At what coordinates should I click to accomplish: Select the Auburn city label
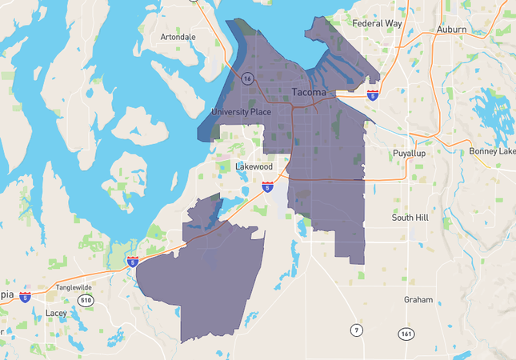(x=451, y=30)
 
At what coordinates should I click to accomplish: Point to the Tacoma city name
(x=308, y=92)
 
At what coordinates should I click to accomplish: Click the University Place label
(x=241, y=111)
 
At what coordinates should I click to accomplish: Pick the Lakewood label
(x=254, y=166)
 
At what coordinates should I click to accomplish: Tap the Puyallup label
(x=413, y=153)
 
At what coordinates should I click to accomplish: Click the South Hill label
(x=411, y=217)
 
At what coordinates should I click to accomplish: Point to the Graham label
(x=418, y=300)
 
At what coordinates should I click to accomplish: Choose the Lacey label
(x=56, y=313)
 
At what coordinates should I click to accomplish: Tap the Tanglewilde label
(x=74, y=287)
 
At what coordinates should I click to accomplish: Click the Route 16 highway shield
(x=248, y=78)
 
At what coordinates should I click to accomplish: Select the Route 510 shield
(x=85, y=300)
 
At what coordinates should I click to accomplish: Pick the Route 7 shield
(x=355, y=330)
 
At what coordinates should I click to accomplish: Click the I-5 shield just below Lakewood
(x=267, y=186)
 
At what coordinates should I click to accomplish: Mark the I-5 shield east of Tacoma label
(x=373, y=94)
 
